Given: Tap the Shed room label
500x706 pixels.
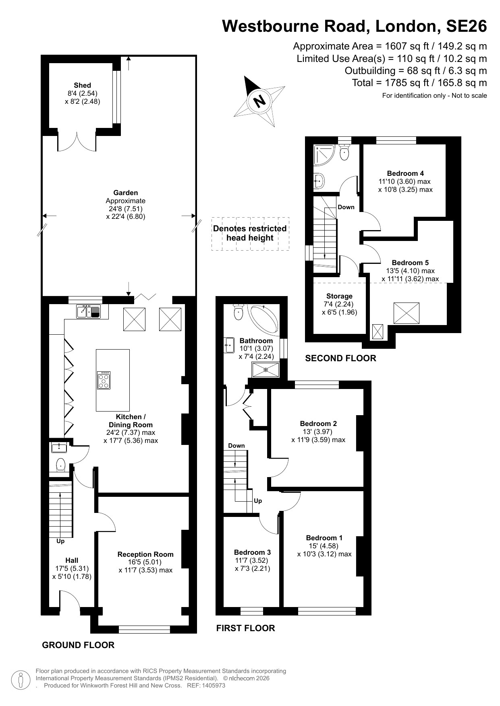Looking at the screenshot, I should [x=82, y=85].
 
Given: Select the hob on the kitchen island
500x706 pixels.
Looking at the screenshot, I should [x=104, y=380].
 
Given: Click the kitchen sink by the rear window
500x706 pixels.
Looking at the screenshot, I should [x=88, y=311].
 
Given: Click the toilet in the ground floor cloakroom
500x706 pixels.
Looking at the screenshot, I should [x=60, y=464].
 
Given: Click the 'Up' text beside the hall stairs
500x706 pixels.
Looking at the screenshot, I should [x=60, y=541].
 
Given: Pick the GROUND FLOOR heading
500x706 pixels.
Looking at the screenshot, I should [x=78, y=645].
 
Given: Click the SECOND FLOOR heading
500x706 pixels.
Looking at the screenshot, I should [x=340, y=358].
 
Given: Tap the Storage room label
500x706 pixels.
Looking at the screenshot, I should [x=339, y=296].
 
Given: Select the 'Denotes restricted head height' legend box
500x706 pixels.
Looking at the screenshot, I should [x=250, y=234].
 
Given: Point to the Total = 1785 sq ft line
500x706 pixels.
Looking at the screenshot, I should [x=419, y=83].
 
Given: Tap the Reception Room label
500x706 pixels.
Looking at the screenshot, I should [x=145, y=554].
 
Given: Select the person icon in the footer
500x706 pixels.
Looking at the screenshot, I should [x=21, y=680].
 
